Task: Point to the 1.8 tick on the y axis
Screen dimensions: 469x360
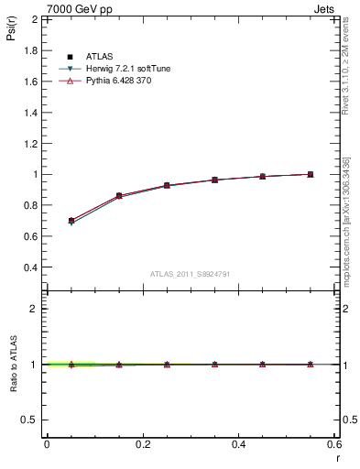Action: (x=31, y=49)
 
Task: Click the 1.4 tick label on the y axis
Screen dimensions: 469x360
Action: (x=31, y=112)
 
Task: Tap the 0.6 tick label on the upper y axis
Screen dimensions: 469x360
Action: (x=31, y=236)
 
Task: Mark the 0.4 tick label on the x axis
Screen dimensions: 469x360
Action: (x=238, y=443)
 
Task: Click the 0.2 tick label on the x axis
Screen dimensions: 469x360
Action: (x=142, y=443)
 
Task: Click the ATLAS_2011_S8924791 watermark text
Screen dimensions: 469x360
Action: (x=190, y=273)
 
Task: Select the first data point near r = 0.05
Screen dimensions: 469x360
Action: (x=71, y=221)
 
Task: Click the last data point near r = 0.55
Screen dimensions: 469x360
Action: (x=311, y=174)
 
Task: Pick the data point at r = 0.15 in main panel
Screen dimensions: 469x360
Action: (x=119, y=196)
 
